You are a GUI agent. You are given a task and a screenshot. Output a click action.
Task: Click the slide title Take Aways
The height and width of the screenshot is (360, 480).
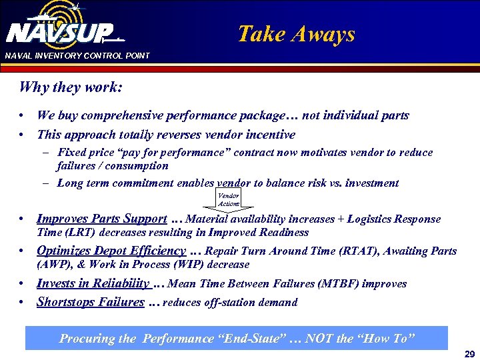click(297, 34)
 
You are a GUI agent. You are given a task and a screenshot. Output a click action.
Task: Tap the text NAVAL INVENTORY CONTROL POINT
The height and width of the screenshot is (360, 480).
click(77, 55)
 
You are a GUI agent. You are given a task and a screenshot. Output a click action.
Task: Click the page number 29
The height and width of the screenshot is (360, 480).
click(469, 354)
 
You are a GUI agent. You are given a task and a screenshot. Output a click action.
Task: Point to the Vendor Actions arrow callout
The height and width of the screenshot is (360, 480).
click(228, 199)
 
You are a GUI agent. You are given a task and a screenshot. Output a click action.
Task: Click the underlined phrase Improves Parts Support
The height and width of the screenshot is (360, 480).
click(101, 219)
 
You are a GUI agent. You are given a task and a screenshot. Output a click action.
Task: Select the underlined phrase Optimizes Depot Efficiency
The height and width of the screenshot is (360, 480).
click(111, 251)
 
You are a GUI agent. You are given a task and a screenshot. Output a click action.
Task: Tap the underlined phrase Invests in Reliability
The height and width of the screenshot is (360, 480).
click(93, 283)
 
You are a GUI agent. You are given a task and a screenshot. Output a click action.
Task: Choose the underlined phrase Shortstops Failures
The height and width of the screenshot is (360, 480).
click(90, 302)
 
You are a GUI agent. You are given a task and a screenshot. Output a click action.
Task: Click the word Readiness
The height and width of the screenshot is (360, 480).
click(283, 233)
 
